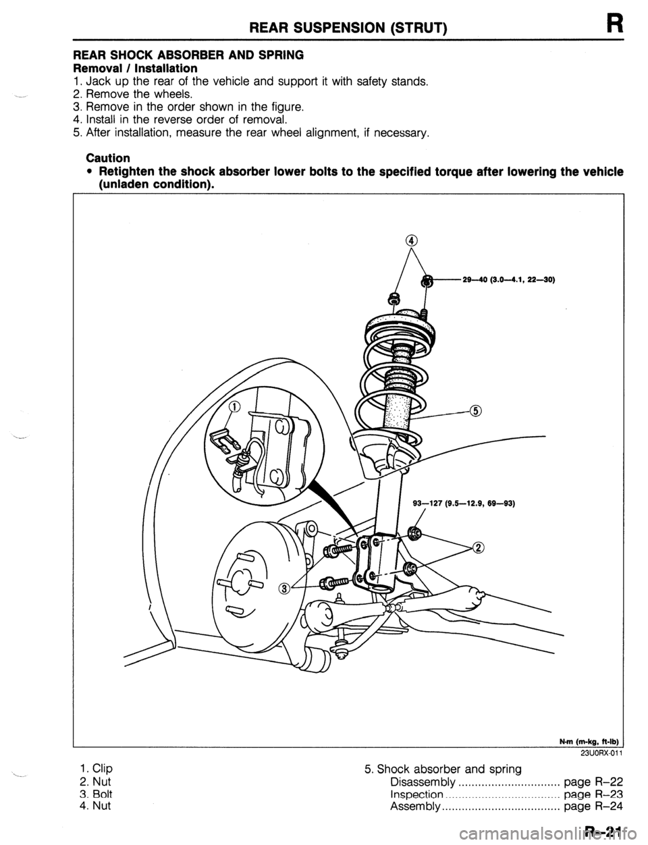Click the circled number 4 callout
pos(412,241)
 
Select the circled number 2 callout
pos(479,547)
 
